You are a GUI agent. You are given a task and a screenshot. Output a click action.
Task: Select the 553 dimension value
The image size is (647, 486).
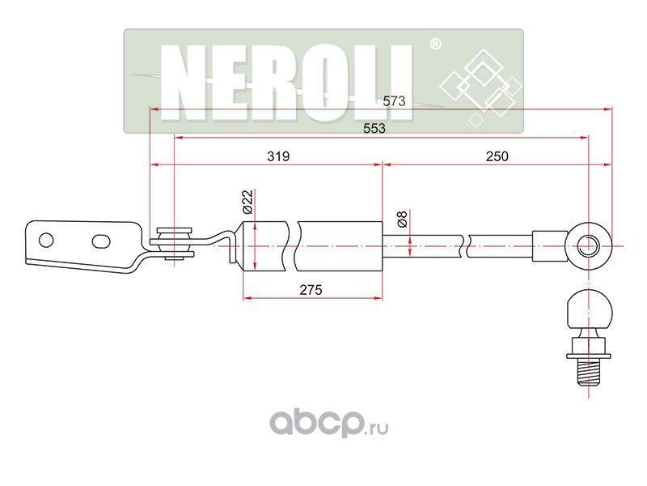373,128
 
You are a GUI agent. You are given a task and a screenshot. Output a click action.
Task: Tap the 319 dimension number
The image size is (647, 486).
277,156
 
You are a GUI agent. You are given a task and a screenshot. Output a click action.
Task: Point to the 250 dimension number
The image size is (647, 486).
497,156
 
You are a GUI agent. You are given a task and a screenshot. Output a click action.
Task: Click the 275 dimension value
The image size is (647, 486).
311,289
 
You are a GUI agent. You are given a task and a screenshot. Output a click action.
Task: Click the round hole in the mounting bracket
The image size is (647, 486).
47,240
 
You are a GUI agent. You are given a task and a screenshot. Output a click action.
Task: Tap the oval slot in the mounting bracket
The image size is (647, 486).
101,241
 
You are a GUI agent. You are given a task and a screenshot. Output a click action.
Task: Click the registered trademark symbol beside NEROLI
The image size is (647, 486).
434,45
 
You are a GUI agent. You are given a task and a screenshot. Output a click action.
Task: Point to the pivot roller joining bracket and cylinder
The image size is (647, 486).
171,243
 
